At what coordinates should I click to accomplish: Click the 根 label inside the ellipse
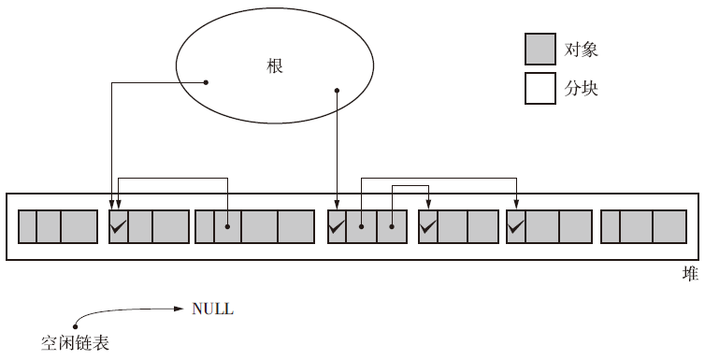[x=275, y=66]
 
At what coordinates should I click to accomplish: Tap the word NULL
[x=212, y=309]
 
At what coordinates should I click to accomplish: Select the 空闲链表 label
[x=75, y=343]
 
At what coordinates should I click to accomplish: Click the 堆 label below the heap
[x=690, y=274]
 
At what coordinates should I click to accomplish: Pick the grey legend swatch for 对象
[x=540, y=49]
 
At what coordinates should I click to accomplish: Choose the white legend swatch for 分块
[x=540, y=88]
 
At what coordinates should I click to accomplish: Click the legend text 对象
[x=581, y=49]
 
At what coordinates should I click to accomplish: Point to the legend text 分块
[x=581, y=89]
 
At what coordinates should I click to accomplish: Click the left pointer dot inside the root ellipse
[x=206, y=82]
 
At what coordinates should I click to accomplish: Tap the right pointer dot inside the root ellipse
[x=337, y=91]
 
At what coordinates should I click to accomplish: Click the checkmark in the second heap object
[x=118, y=226]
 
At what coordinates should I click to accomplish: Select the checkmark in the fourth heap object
[x=337, y=226]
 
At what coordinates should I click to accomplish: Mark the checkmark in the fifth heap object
[x=427, y=226]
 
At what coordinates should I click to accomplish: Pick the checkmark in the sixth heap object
[x=516, y=226]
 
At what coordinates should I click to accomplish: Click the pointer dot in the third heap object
[x=227, y=226]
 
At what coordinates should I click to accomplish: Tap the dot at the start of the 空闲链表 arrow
[x=75, y=326]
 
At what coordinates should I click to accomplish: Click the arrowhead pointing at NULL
[x=179, y=309]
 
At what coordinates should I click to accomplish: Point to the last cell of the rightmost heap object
[x=669, y=226]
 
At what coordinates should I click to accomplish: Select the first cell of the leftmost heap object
[x=27, y=226]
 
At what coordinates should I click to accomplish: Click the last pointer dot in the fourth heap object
[x=392, y=226]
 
